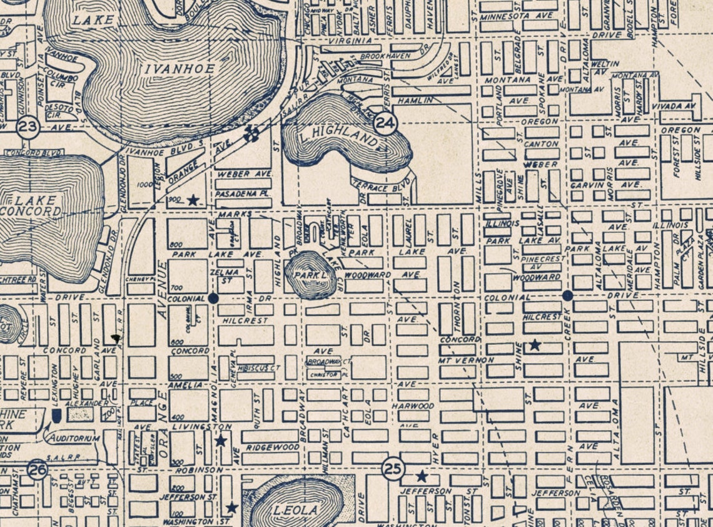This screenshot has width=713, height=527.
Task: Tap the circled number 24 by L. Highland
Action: point(386,123)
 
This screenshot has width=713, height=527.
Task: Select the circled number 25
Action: point(393,469)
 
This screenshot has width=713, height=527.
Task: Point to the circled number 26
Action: point(38,469)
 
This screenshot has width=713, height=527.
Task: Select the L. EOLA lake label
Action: point(296,510)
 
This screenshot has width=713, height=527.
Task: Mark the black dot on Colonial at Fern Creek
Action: point(568,295)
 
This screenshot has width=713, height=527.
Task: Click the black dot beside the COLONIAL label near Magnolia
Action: point(213,299)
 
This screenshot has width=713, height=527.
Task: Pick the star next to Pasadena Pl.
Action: point(193,200)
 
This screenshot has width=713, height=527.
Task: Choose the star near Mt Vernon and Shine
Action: point(535,344)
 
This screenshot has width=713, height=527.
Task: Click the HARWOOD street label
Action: point(413,406)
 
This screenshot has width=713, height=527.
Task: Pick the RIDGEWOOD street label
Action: point(272,448)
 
